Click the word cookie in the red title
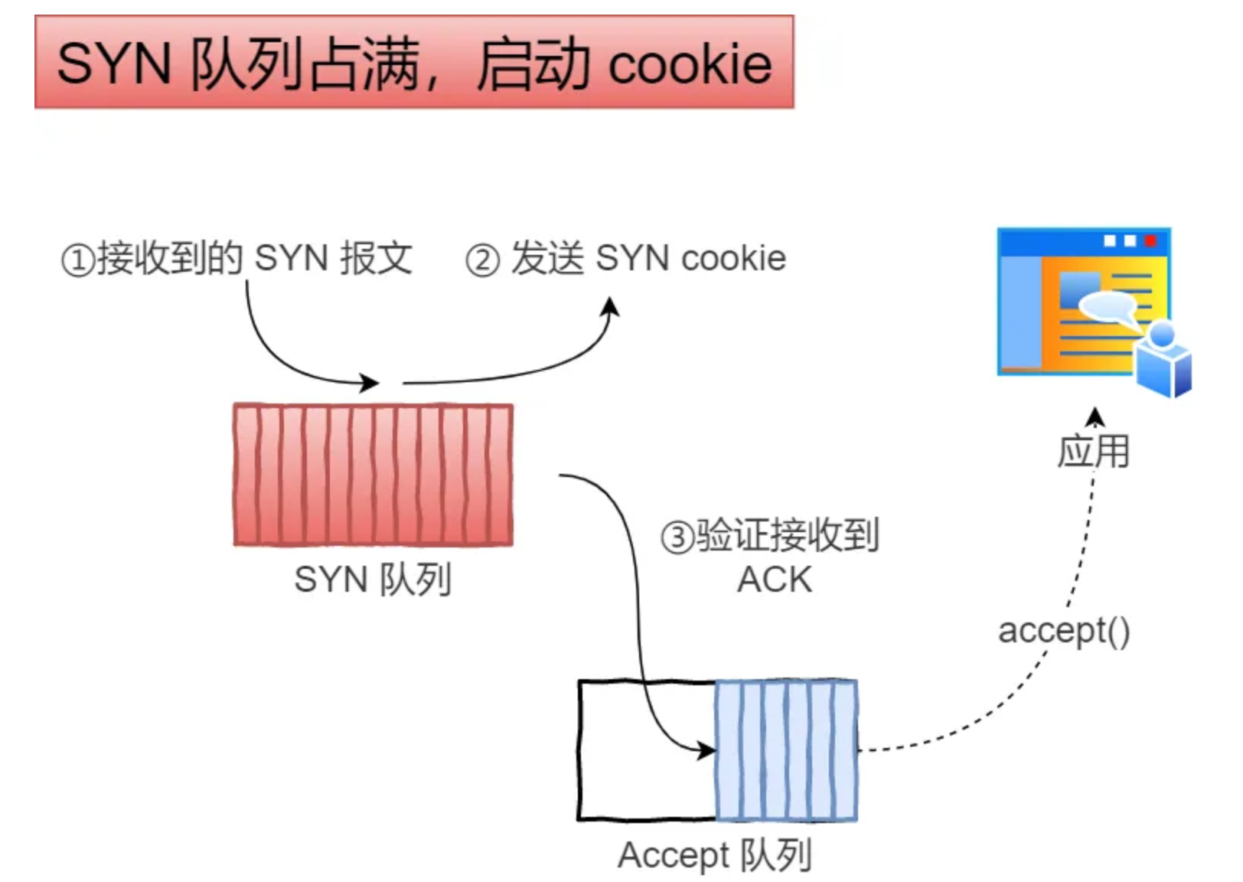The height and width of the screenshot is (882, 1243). coord(690,64)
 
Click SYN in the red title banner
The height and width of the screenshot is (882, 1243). coord(113,64)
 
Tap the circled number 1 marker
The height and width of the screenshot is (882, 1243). coord(77,260)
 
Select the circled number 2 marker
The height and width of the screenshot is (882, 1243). coord(483,260)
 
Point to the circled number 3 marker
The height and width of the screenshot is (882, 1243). coord(677,537)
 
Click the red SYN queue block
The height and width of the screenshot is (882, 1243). coord(373,475)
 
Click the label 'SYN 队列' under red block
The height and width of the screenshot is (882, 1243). coord(373,580)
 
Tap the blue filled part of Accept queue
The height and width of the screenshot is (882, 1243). coord(786,750)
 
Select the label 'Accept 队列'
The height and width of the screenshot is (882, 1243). coord(714,855)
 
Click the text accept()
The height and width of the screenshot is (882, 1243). coord(1064,631)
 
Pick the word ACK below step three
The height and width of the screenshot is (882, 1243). coord(775,580)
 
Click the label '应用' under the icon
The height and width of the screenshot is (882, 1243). coord(1094,451)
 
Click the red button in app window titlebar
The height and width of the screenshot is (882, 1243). coord(1150,241)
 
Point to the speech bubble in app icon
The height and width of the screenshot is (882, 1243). coord(1107,308)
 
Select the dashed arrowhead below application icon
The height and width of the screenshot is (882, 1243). coord(1095,416)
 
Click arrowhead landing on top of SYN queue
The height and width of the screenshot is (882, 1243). coord(370,382)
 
